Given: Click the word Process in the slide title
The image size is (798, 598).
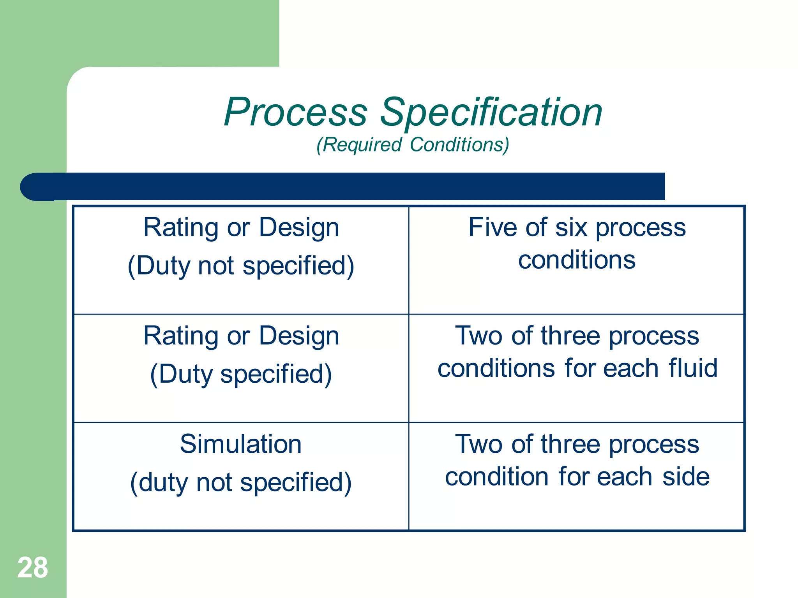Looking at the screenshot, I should (295, 113).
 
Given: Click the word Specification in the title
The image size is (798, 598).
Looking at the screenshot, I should (491, 113).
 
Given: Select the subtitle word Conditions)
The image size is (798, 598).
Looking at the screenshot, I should (459, 145).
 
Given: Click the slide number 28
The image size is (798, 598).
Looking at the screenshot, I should (33, 568).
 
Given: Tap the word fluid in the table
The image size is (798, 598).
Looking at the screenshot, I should (693, 368).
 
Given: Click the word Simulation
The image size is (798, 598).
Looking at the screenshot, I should (241, 444).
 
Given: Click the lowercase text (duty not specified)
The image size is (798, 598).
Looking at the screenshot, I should (241, 483).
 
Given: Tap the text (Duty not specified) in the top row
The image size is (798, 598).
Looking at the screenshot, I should (241, 266).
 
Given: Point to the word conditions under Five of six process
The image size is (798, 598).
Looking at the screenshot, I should (577, 260).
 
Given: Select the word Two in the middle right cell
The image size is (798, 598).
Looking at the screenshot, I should (478, 336).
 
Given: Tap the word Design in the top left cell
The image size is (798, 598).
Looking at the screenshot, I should (299, 227).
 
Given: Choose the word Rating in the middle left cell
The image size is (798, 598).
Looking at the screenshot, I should (180, 336).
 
